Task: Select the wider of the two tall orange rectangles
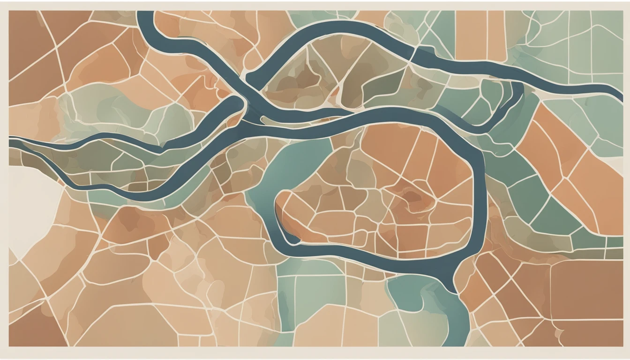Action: [471, 35]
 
